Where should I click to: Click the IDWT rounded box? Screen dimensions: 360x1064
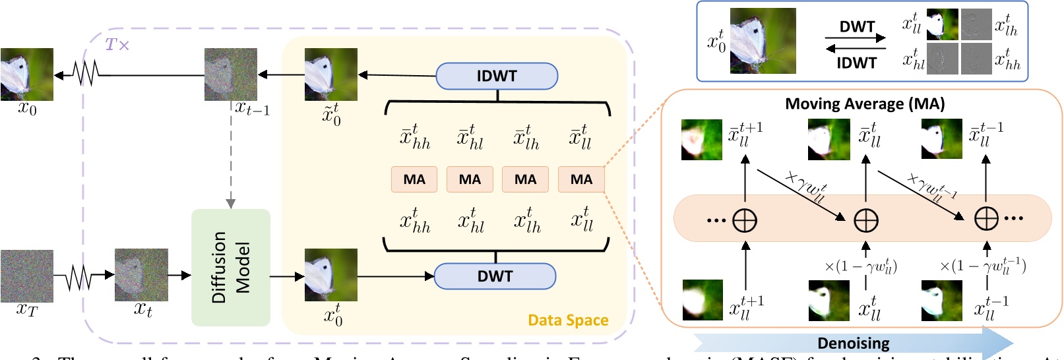coord(497,76)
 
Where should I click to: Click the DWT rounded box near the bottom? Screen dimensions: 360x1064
coord(495,276)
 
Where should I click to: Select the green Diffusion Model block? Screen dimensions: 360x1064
coord(231,268)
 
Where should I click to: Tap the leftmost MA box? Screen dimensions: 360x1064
coord(414,179)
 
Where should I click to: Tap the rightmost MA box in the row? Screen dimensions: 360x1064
coord(581,179)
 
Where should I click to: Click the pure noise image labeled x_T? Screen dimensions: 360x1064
coord(27,276)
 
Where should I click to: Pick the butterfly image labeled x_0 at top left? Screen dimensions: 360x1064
coord(27,75)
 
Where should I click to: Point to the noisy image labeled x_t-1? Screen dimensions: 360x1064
coord(231,75)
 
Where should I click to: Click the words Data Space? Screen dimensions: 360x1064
coord(568,320)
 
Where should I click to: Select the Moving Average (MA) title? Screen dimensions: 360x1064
coord(865,104)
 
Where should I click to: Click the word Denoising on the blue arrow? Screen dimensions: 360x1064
coord(853,344)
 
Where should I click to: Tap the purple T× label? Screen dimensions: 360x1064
coord(117,45)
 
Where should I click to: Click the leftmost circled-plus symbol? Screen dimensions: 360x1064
coord(745,220)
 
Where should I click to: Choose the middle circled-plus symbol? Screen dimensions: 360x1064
coord(866,220)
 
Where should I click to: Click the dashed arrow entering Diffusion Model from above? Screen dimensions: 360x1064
coord(231,171)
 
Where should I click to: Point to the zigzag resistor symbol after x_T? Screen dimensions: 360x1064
coord(79,276)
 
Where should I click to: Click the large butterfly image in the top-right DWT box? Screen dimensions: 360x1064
coord(763,41)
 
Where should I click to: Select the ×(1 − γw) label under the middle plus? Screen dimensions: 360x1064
coord(861,266)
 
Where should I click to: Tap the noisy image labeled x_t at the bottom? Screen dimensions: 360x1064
coord(141,275)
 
